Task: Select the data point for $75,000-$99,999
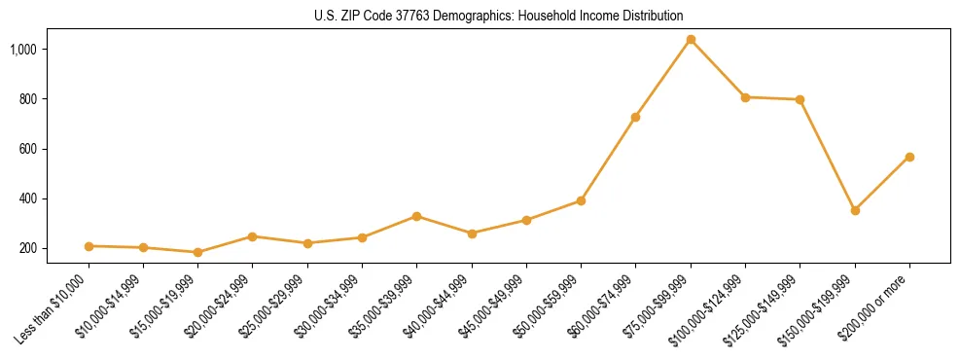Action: coord(691,40)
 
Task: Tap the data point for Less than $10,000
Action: coord(89,246)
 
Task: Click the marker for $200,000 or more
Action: coord(909,157)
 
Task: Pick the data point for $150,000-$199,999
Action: coord(855,210)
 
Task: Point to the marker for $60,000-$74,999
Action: coord(636,117)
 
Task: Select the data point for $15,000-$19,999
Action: coord(198,252)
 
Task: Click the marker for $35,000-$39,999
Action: coord(417,216)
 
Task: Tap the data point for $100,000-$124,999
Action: coord(745,97)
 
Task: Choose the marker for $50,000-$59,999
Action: coord(582,200)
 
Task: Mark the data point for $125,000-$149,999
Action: coord(800,99)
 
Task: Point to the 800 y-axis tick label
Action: coord(53,99)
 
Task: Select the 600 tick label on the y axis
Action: coord(53,149)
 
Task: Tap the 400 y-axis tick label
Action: coord(53,198)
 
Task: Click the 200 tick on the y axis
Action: coord(53,248)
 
